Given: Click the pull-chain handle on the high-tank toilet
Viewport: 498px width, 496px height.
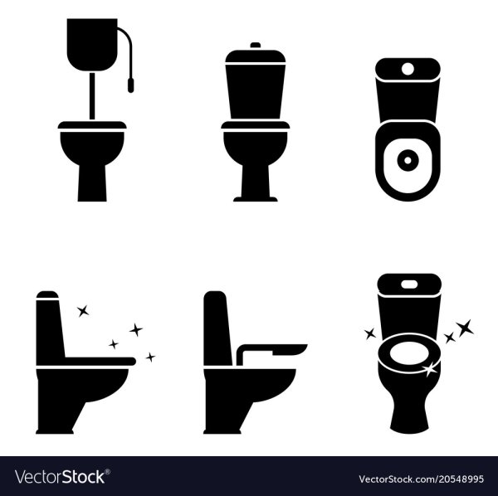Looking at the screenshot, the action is tap(130, 85).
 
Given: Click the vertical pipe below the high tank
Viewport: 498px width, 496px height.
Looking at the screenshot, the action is tap(92, 96).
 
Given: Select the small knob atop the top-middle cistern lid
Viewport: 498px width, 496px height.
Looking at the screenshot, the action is tap(256, 45).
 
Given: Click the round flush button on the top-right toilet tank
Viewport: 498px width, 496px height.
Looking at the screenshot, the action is tap(408, 68).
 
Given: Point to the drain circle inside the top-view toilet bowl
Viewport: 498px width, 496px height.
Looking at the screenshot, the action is tap(408, 161).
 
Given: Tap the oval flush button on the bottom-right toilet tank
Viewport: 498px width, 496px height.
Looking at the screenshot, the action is tap(408, 284).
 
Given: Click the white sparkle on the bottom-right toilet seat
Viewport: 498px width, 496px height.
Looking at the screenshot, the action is tap(429, 369).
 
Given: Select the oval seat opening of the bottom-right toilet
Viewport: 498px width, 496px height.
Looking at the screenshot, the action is tap(408, 354).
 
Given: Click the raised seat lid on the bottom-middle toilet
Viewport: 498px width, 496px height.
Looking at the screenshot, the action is tap(272, 352).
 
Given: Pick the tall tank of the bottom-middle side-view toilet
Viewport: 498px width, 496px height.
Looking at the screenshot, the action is tap(217, 328).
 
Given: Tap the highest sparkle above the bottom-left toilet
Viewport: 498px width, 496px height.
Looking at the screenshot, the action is tap(83, 311).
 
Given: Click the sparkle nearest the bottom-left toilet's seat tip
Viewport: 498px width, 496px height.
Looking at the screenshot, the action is tap(150, 357).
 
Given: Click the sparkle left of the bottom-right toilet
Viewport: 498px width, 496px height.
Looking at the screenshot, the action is tap(370, 333).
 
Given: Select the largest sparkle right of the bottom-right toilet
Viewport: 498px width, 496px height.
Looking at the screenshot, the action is tap(465, 328).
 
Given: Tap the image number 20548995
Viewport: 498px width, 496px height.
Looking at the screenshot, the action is tap(461, 479).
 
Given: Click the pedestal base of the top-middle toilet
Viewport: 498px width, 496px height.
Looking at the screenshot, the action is tap(256, 183).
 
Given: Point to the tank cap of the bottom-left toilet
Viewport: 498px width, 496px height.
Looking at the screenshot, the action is tap(47, 294).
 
